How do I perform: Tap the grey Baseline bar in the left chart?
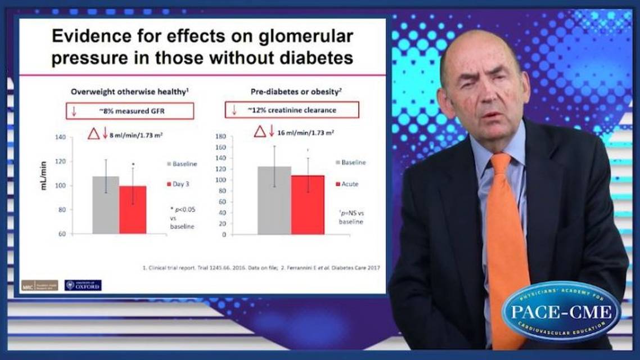click(106, 205)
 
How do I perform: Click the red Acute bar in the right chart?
click(308, 205)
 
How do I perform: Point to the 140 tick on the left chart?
click(60, 137)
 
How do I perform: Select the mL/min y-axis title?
click(44, 176)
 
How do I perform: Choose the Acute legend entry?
click(347, 184)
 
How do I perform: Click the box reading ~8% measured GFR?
click(130, 110)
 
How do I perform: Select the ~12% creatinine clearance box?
click(292, 110)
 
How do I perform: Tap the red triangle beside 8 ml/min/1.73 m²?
click(93, 133)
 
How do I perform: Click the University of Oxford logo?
click(83, 285)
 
